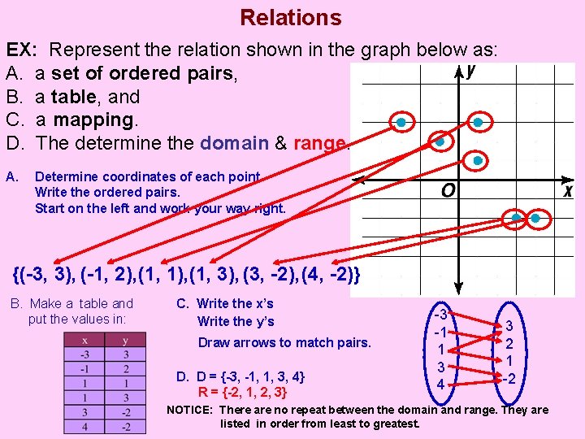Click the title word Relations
coord(291,17)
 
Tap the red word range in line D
coord(319,143)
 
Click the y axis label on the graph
coord(471,71)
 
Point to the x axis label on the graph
coord(568,190)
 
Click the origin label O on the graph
coord(448,191)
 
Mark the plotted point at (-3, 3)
coord(401,123)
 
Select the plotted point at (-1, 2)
coord(440,142)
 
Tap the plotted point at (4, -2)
coord(535,218)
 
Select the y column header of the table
coord(124,341)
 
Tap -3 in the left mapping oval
coord(440,315)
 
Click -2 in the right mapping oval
coord(508,378)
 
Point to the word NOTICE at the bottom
coord(190,411)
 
